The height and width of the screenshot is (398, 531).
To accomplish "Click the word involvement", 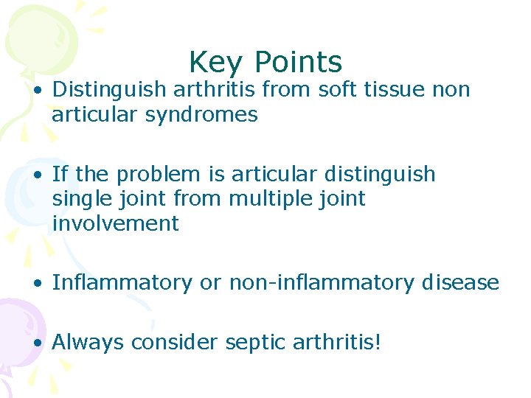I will point(115,223).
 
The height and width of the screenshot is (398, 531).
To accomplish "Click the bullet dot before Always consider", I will point(37,343).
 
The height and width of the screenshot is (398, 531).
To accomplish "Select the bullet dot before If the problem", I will point(37,175).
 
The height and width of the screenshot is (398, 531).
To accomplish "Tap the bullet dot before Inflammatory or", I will point(37,284).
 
